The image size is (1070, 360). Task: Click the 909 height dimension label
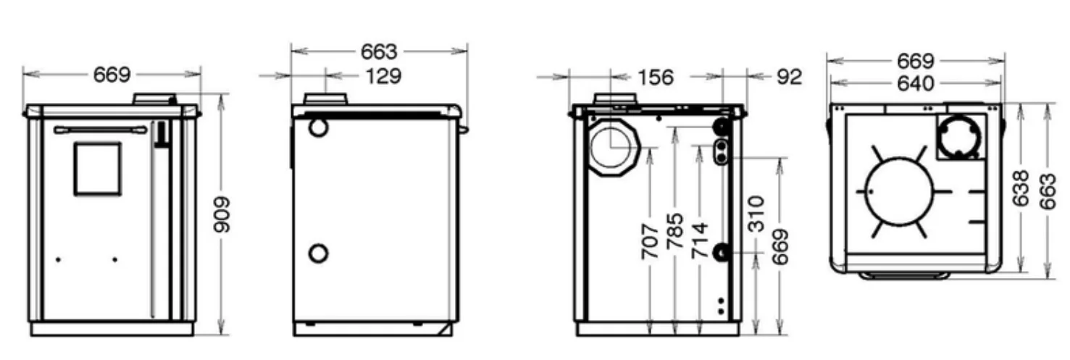click(222, 214)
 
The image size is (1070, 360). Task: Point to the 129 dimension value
click(383, 76)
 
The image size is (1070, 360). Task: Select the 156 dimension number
click(656, 78)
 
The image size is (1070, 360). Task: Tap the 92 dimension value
click(790, 78)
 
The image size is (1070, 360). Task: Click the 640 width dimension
click(915, 84)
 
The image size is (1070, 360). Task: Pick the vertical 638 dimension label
click(1021, 188)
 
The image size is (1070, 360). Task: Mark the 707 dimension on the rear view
click(650, 241)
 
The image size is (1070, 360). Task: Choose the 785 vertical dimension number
click(675, 231)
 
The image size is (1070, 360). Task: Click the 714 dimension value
click(701, 240)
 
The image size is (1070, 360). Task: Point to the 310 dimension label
click(756, 214)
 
